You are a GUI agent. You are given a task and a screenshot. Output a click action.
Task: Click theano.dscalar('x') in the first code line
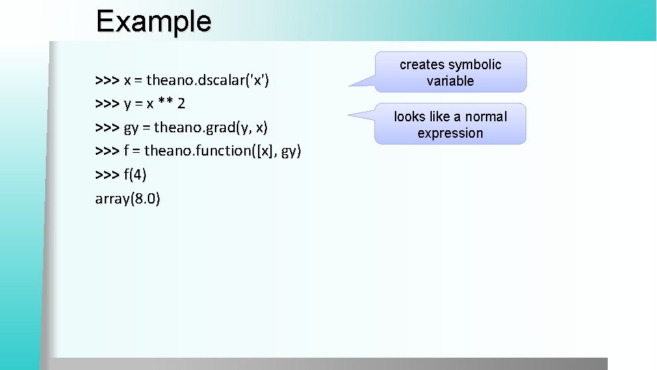206,81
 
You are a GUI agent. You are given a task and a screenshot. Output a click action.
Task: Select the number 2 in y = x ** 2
181,104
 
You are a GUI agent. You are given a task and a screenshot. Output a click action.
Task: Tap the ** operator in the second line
164,104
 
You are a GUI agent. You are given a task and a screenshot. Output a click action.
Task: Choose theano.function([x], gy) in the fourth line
222,151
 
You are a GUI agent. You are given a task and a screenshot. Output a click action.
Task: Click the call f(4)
135,175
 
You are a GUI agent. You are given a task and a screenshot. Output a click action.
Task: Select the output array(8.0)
128,199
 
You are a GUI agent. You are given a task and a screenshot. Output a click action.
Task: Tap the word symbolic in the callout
475,65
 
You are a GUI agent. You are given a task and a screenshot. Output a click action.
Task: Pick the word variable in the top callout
450,82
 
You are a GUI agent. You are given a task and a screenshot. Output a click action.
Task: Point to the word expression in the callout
450,134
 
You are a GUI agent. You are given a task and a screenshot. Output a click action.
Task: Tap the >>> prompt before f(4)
107,175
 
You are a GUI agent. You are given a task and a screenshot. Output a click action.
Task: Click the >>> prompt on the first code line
107,81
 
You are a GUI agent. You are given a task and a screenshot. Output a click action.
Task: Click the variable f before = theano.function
127,151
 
